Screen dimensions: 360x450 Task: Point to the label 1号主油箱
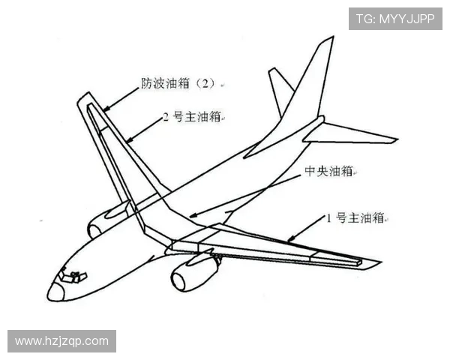[355, 218]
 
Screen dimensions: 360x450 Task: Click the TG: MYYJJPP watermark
[394, 19]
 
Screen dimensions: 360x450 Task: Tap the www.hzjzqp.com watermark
[61, 341]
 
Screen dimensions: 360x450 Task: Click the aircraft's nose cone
[55, 292]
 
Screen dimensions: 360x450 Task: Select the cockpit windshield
[73, 278]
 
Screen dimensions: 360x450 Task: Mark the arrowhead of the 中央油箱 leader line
[191, 217]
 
